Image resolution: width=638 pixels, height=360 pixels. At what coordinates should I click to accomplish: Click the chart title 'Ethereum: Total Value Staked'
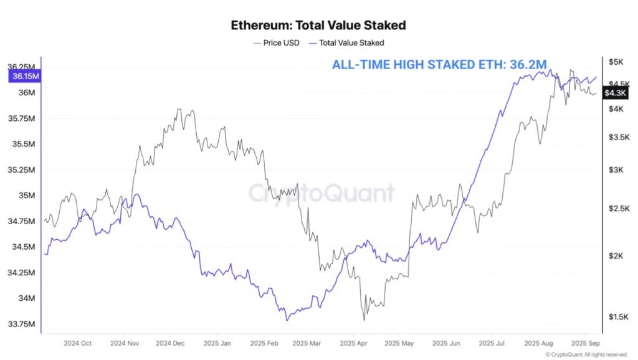[318, 26]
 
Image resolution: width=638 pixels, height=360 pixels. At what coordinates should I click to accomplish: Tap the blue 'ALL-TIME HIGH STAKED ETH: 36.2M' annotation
[439, 64]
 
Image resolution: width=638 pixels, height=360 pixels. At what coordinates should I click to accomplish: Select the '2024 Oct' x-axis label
[77, 343]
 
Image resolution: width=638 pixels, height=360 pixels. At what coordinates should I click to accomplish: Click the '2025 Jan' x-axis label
[217, 343]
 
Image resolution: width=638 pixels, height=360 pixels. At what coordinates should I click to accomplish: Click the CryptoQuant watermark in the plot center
[321, 193]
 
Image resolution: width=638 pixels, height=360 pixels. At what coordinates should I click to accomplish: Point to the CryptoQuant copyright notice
[586, 355]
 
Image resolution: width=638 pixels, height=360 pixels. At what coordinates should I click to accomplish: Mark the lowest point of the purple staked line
[287, 320]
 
